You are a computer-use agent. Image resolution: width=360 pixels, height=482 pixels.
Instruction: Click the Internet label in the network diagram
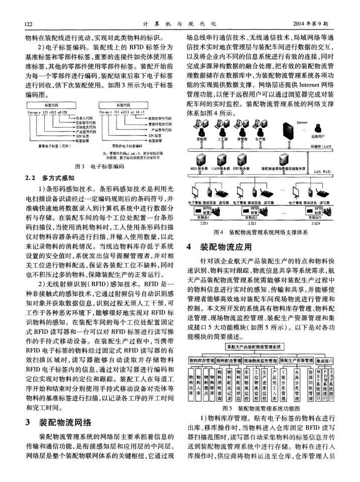point(302,122)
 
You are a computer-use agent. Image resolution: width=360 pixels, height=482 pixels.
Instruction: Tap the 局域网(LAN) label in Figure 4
point(321,146)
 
